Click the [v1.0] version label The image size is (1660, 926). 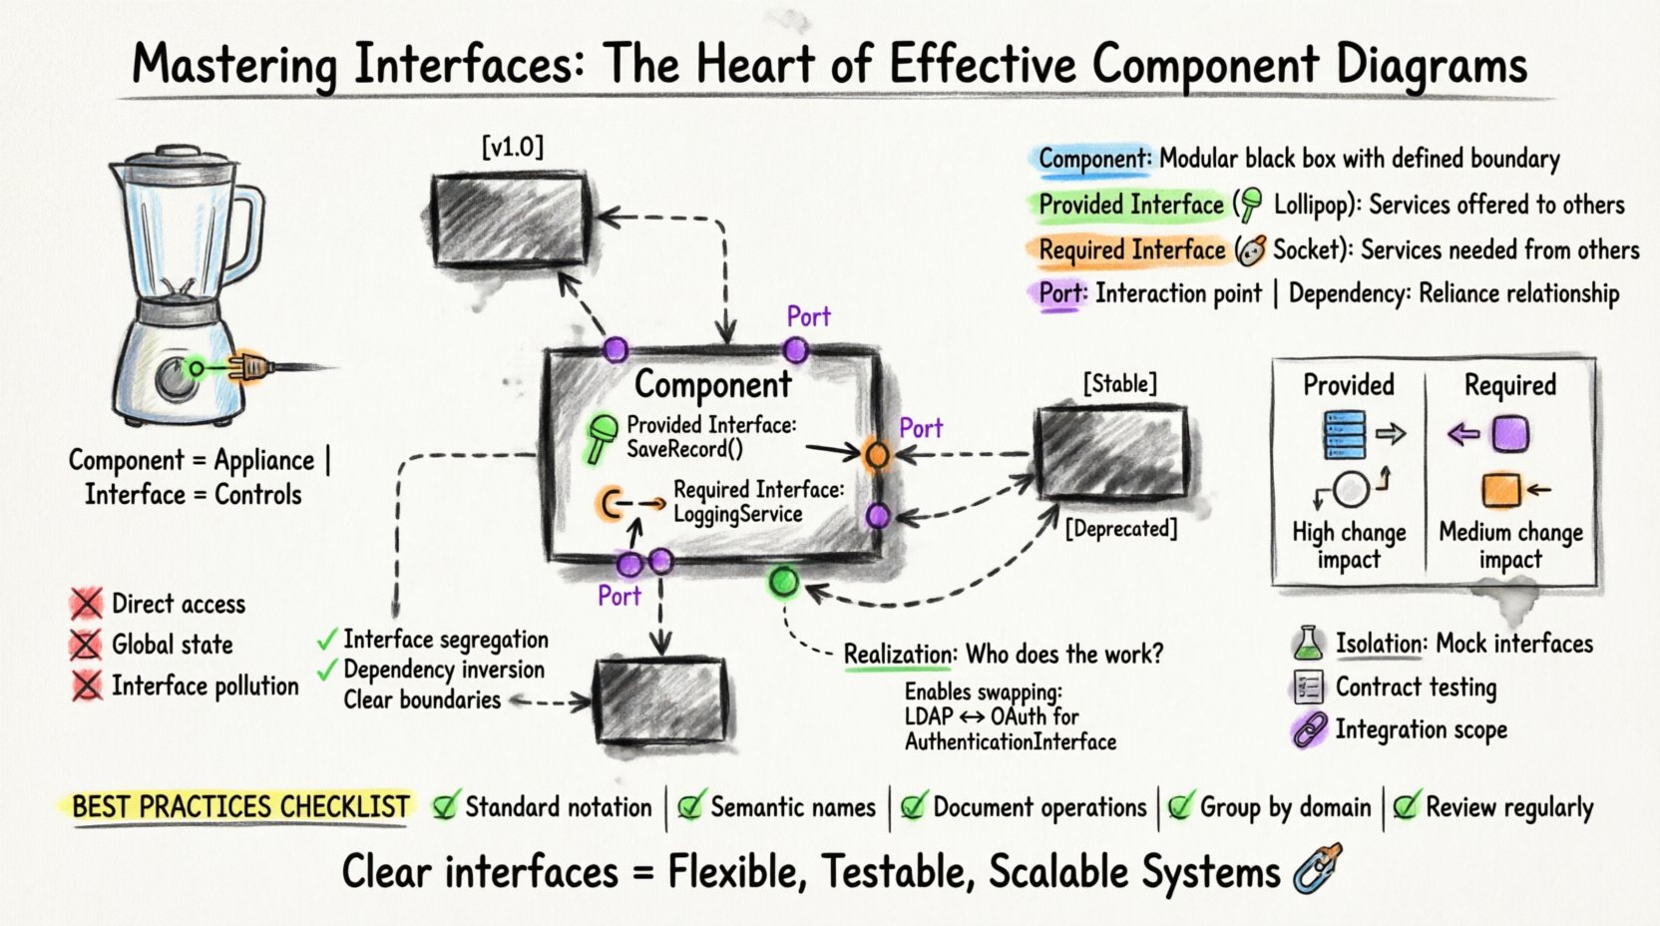513,148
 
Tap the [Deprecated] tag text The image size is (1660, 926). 1121,528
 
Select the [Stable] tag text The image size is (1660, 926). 1119,383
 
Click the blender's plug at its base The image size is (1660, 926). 249,368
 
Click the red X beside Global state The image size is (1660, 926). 87,645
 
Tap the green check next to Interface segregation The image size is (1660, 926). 327,639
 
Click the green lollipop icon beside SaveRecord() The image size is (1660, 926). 601,437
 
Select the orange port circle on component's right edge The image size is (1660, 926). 876,455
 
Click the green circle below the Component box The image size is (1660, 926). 784,582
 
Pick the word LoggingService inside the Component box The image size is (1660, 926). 737,514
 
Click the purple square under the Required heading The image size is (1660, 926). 1510,434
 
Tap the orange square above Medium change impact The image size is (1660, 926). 1500,490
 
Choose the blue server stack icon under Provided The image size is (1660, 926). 1344,434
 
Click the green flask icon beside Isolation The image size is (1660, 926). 1308,644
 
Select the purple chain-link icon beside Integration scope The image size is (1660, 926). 1309,730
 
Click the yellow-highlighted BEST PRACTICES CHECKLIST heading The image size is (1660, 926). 240,806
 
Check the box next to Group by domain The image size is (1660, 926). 1181,806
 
